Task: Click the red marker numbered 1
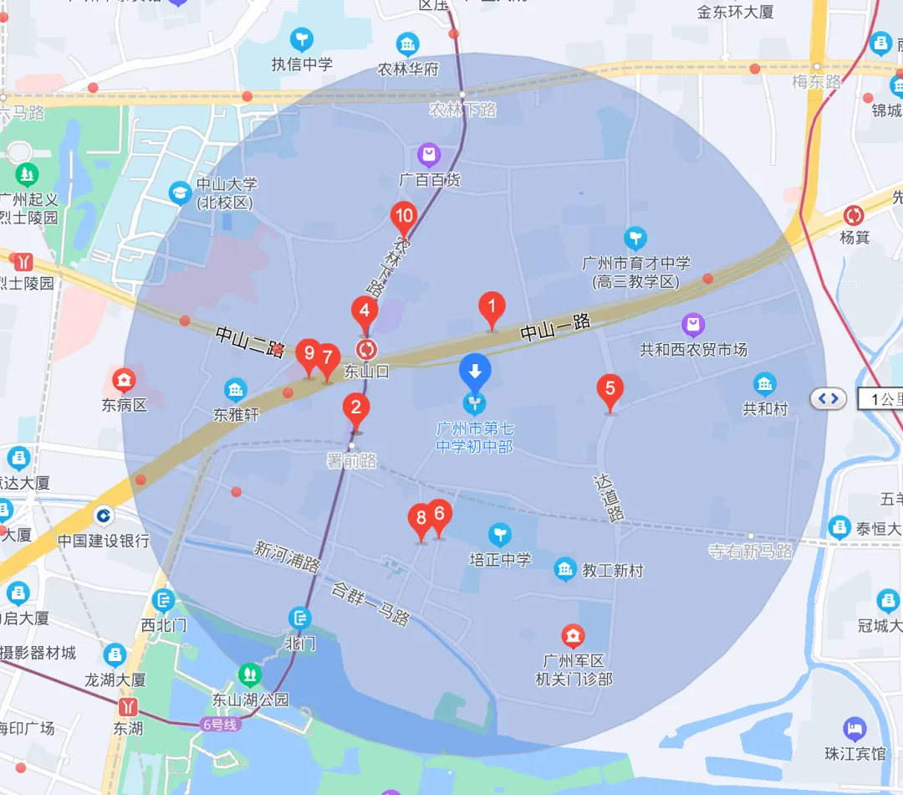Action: point(492,308)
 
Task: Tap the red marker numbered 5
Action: point(610,389)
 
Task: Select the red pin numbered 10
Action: point(404,217)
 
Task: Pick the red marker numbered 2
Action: point(356,409)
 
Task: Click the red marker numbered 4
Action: point(364,311)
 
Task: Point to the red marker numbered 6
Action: point(439,515)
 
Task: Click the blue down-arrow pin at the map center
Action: point(476,371)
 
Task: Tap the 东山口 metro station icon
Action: point(366,349)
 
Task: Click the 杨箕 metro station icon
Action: point(854,215)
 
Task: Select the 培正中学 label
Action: point(500,559)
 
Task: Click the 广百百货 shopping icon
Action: point(429,155)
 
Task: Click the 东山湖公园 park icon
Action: point(249,674)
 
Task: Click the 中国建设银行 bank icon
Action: point(104,516)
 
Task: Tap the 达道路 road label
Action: point(609,500)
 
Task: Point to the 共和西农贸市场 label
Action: point(693,349)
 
